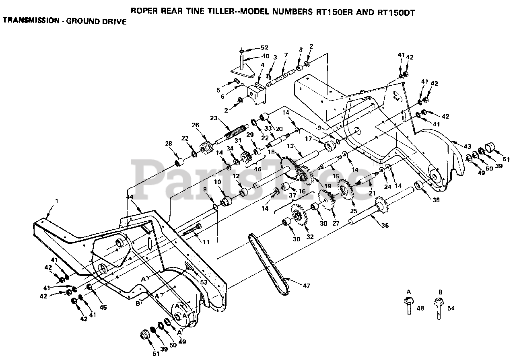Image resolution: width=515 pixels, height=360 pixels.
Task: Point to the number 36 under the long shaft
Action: (x=385, y=226)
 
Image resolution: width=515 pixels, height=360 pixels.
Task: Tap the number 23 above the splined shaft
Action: (x=214, y=119)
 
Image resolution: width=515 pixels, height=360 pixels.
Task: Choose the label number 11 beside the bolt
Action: (x=206, y=242)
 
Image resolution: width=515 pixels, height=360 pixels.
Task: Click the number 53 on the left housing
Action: (x=204, y=282)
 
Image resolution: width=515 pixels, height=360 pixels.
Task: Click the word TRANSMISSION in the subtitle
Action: (x=31, y=20)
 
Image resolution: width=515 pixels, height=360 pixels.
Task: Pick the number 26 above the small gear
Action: (x=196, y=125)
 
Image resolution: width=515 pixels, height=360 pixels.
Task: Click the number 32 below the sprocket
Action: (x=310, y=237)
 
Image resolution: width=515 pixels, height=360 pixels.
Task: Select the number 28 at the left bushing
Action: (x=168, y=144)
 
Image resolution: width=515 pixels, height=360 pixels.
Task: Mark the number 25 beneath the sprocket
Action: (x=354, y=211)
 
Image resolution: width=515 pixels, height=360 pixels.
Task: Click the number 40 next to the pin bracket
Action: (x=266, y=56)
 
